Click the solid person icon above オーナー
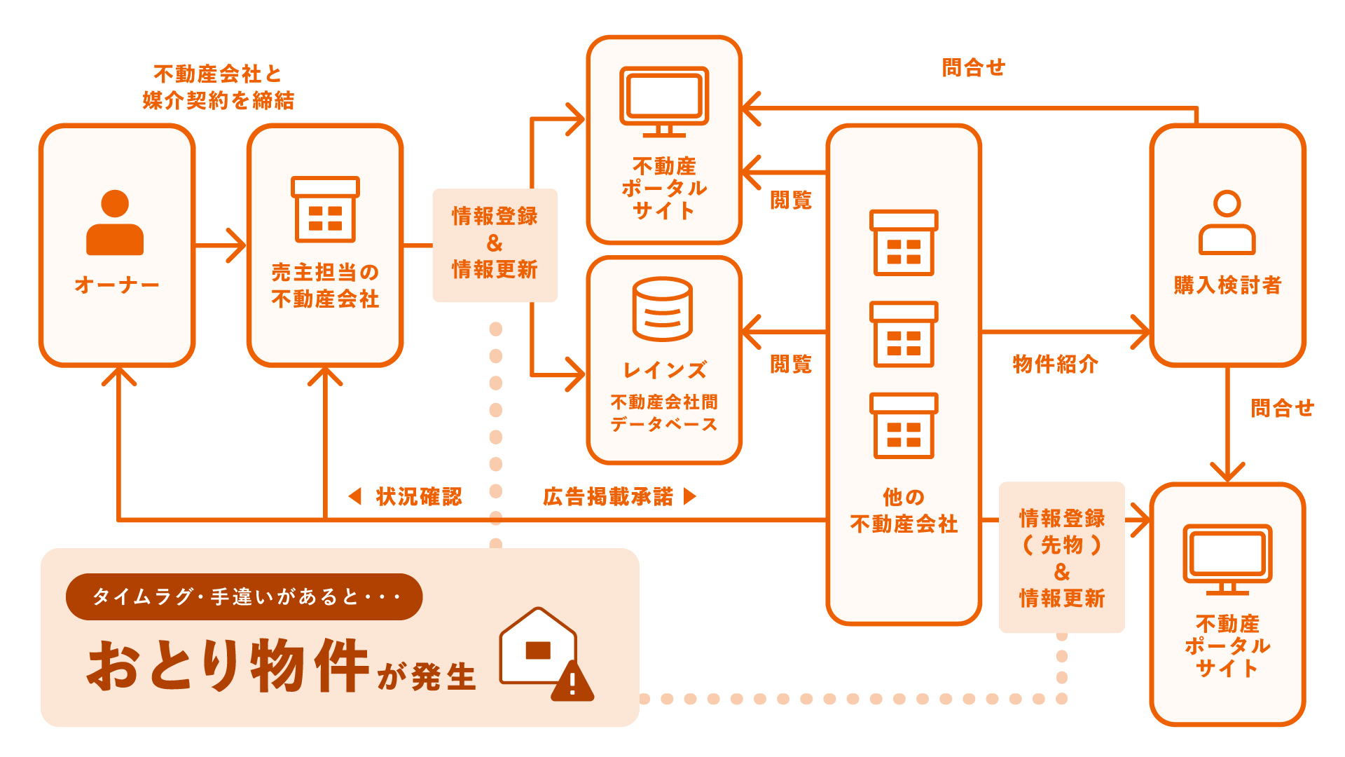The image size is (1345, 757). pyautogui.click(x=115, y=223)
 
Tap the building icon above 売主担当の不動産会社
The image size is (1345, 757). pyautogui.click(x=325, y=209)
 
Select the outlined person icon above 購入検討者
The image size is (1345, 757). pyautogui.click(x=1227, y=223)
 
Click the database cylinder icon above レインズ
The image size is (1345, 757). pyautogui.click(x=662, y=309)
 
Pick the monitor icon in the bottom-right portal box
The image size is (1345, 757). pyautogui.click(x=1227, y=559)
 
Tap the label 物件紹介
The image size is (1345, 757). pyautogui.click(x=1055, y=364)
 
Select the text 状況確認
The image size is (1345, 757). pyautogui.click(x=418, y=496)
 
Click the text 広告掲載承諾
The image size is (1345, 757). pyautogui.click(x=608, y=496)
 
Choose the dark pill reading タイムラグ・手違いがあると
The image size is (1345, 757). pyautogui.click(x=244, y=596)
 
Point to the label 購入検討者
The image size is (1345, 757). pyautogui.click(x=1227, y=285)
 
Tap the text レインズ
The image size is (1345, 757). pyautogui.click(x=664, y=369)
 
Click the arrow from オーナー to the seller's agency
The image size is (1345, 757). pyautogui.click(x=220, y=245)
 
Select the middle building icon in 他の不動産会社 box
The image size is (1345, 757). pyautogui.click(x=904, y=334)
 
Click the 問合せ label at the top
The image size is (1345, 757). pyautogui.click(x=973, y=68)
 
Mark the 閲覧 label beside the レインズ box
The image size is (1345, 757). pyautogui.click(x=791, y=364)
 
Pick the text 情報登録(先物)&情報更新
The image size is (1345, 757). pyautogui.click(x=1061, y=558)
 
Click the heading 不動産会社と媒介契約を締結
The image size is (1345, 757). pyautogui.click(x=218, y=87)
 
